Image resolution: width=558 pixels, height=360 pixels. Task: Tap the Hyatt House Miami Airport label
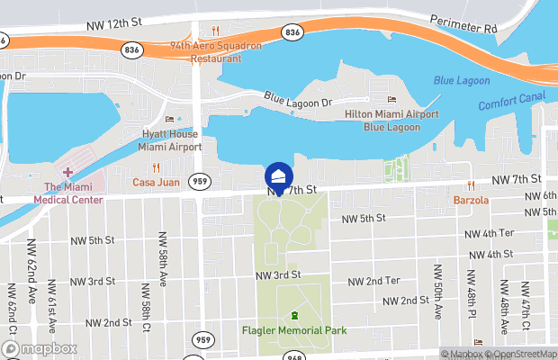170,139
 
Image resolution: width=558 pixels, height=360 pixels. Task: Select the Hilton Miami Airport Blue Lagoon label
391,121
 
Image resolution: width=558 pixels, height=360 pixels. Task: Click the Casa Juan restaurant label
156,182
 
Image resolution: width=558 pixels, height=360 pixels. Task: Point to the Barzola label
471,199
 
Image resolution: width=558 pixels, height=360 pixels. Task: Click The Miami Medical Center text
68,193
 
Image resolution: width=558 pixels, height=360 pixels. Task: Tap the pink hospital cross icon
67,172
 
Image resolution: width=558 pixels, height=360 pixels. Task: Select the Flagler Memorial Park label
293,330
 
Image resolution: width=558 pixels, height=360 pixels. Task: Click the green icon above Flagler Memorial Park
293,315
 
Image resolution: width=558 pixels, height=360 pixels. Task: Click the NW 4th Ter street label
489,233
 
